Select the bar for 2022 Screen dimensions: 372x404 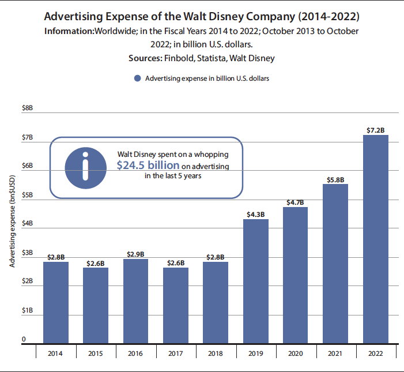pos(375,239)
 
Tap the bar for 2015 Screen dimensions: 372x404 pos(96,305)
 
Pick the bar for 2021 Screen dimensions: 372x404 pos(335,263)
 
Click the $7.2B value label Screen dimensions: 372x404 pos(375,130)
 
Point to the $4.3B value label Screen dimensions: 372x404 pos(255,215)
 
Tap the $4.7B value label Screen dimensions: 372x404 pos(295,202)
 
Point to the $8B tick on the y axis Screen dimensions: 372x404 pos(27,108)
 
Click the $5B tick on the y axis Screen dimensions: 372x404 pos(27,195)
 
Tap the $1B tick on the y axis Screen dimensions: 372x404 pos(27,311)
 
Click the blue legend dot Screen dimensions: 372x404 pos(137,78)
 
